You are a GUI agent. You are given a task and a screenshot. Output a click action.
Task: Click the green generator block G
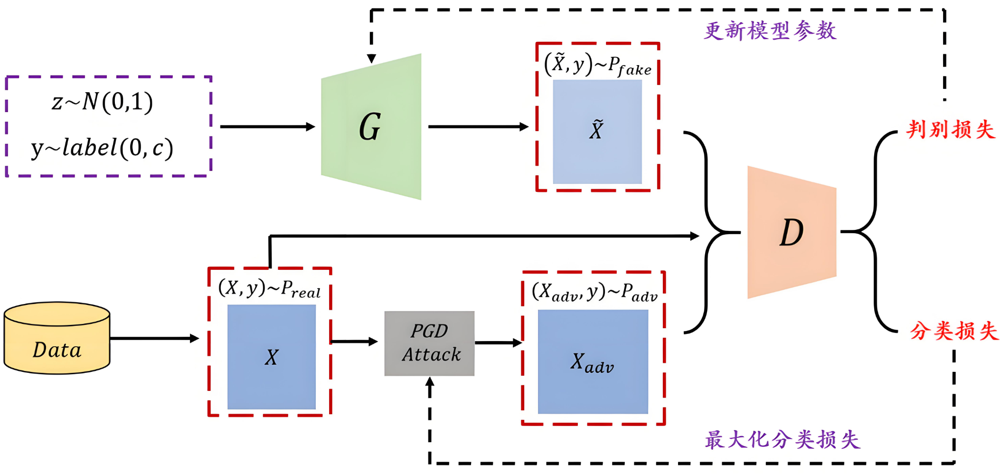pos(371,127)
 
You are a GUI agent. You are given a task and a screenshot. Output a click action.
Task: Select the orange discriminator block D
pos(792,232)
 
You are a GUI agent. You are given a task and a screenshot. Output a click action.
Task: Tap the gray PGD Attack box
pos(429,343)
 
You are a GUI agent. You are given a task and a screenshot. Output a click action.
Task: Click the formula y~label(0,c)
pos(102,148)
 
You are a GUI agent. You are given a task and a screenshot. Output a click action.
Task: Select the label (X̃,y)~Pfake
pos(598,65)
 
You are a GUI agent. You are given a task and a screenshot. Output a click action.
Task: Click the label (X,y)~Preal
pos(269,289)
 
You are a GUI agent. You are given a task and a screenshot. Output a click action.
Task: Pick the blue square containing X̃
pos(597,132)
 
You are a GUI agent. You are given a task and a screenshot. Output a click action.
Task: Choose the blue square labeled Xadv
pos(593,362)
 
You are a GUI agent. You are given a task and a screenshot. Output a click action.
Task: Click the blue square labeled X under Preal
pos(272,357)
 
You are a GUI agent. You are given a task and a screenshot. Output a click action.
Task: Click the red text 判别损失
pos(950,130)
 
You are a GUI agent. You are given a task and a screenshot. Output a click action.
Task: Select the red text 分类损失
pos(954,331)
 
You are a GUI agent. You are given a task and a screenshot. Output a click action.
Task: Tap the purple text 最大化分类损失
pos(782,440)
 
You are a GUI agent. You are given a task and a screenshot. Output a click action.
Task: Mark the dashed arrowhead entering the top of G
pos(372,58)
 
